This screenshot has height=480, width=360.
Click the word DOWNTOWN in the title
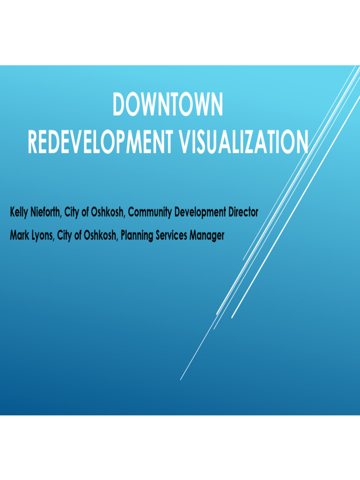168,105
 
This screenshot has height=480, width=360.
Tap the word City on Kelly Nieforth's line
72,212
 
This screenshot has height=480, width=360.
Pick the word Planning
136,235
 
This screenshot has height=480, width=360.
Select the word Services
171,235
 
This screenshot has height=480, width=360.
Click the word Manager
207,235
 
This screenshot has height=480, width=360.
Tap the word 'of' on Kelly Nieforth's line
87,212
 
